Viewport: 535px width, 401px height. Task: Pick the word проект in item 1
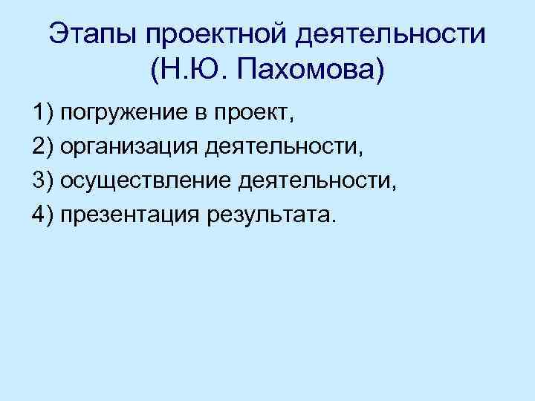250,114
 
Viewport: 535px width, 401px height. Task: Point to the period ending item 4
334,221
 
